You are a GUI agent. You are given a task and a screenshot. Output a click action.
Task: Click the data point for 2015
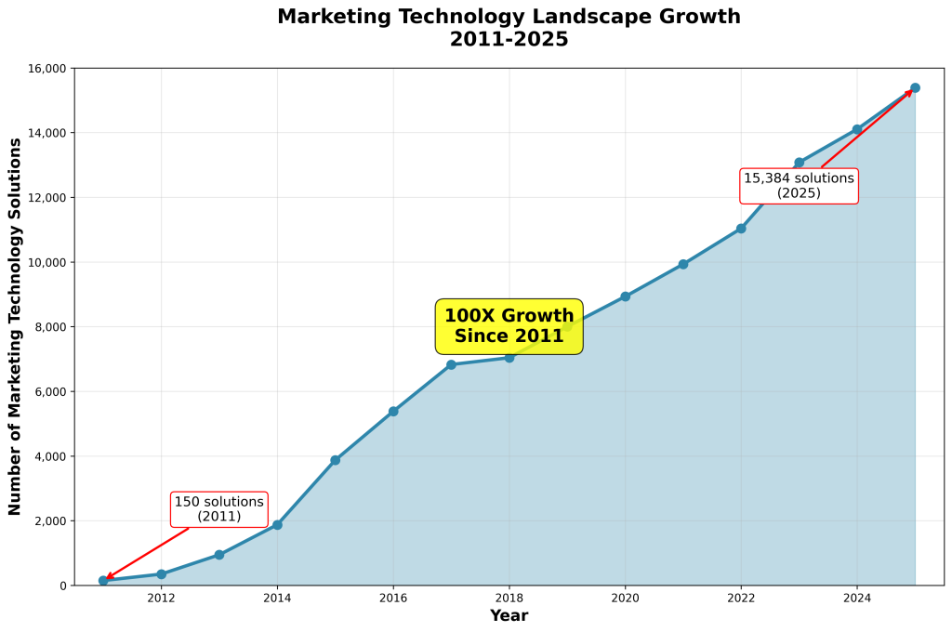pyautogui.click(x=335, y=460)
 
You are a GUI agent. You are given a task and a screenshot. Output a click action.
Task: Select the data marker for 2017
pyautogui.click(x=451, y=364)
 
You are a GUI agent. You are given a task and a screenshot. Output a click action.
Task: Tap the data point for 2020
pyautogui.click(x=625, y=296)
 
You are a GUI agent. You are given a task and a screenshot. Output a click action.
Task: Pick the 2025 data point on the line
pyautogui.click(x=915, y=88)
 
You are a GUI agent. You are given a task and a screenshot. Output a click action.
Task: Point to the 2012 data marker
pyautogui.click(x=161, y=574)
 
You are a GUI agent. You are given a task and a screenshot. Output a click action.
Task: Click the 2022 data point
pyautogui.click(x=741, y=229)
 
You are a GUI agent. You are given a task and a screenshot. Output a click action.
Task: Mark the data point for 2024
pyautogui.click(x=857, y=129)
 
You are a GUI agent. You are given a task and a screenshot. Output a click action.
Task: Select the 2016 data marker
pyautogui.click(x=393, y=411)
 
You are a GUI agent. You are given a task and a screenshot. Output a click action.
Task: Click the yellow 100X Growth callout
pyautogui.click(x=509, y=326)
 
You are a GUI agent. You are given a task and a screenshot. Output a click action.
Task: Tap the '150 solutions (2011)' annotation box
pyautogui.click(x=219, y=508)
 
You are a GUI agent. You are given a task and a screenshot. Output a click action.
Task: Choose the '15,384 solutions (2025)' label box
pyautogui.click(x=799, y=186)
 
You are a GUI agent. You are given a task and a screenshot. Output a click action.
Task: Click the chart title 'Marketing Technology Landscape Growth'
pyautogui.click(x=509, y=17)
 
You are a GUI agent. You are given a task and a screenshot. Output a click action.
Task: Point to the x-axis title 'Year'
pyautogui.click(x=509, y=615)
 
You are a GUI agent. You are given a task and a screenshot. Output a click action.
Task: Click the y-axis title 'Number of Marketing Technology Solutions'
pyautogui.click(x=15, y=326)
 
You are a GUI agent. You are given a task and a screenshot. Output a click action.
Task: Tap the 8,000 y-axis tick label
pyautogui.click(x=49, y=327)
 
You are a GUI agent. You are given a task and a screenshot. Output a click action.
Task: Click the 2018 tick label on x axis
pyautogui.click(x=509, y=599)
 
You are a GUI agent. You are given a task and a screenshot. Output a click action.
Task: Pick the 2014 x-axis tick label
pyautogui.click(x=277, y=599)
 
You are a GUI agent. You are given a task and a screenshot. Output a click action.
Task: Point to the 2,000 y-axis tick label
pyautogui.click(x=49, y=521)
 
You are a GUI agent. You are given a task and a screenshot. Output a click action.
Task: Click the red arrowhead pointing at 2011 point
pyautogui.click(x=109, y=578)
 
